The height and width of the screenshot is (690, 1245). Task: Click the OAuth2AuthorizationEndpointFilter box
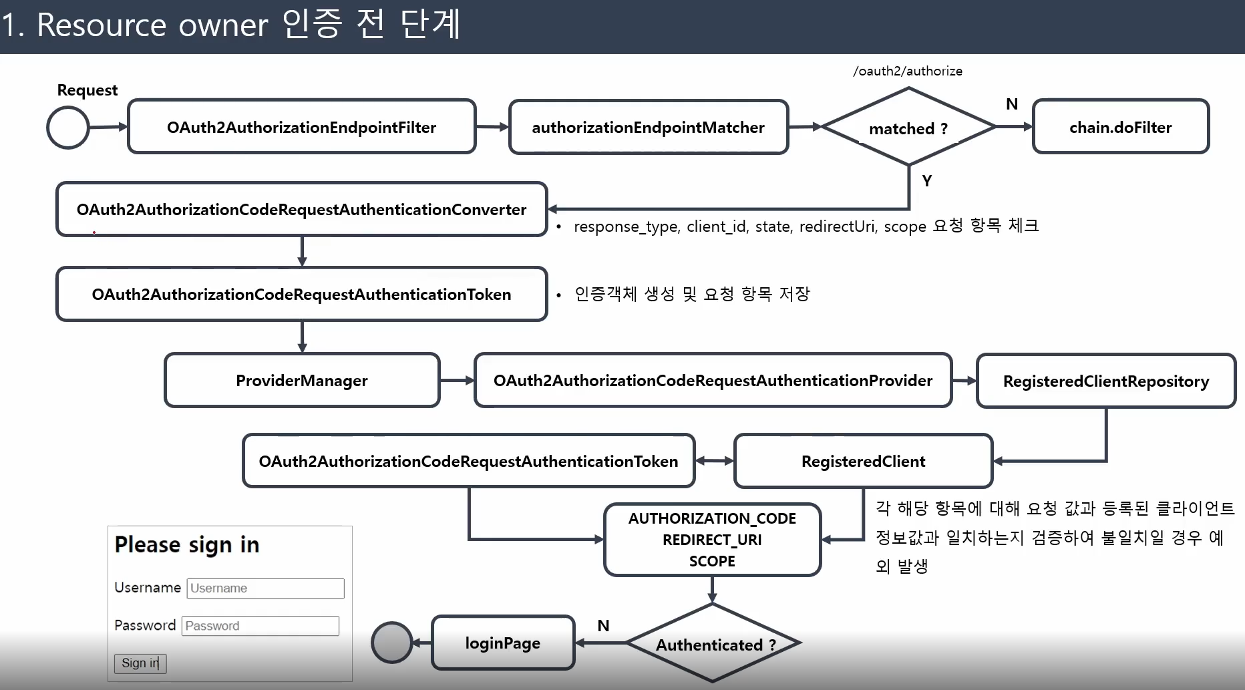coord(301,127)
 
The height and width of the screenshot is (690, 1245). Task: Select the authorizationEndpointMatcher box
coord(648,127)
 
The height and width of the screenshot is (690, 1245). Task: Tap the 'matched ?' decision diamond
coord(908,128)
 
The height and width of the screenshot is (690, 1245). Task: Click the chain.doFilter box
coord(1120,127)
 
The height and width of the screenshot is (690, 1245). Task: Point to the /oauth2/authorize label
coord(908,71)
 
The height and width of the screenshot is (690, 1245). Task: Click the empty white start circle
coord(67,128)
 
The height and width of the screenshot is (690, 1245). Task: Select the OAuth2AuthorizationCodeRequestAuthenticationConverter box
coord(301,209)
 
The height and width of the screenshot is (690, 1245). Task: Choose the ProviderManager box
coord(302,380)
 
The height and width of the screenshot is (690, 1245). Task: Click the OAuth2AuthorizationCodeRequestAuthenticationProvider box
coord(713,380)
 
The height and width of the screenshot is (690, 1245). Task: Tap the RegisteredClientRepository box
coord(1105,381)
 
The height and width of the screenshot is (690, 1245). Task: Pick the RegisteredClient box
coord(863,461)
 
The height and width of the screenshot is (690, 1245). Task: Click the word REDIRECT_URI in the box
coord(712,540)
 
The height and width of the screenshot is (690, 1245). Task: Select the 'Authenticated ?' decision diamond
coord(713,644)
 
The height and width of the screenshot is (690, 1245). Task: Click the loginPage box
coord(503,643)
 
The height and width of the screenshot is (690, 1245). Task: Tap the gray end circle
coord(391,643)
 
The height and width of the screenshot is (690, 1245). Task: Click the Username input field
coord(265,588)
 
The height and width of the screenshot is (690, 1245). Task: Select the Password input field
coord(260,626)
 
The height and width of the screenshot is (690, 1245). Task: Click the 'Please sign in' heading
coord(187,544)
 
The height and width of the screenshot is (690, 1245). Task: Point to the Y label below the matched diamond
coord(926,180)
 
